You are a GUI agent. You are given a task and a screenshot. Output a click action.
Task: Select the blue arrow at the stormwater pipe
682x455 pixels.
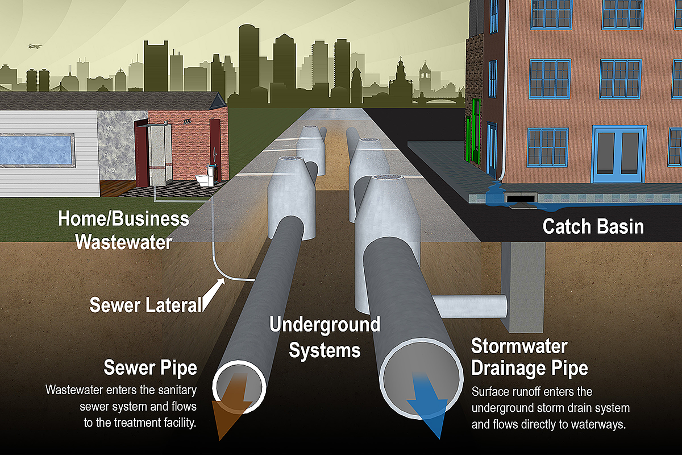point(430,407)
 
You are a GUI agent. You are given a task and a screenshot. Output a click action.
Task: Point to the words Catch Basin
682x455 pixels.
point(593,226)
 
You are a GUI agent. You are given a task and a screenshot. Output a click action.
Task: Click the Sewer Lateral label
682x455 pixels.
point(145,305)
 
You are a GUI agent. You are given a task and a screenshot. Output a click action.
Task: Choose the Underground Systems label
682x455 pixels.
point(325,337)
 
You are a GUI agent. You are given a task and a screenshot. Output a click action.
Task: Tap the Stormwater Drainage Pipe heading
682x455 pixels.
point(529,357)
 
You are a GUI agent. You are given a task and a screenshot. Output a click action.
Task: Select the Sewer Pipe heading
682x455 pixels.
point(150,367)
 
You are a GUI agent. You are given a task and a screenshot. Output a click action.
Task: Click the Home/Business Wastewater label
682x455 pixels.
point(123,230)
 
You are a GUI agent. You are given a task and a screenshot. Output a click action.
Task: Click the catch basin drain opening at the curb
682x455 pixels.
point(519,198)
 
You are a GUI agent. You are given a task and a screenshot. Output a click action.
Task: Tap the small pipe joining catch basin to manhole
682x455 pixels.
point(469,307)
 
